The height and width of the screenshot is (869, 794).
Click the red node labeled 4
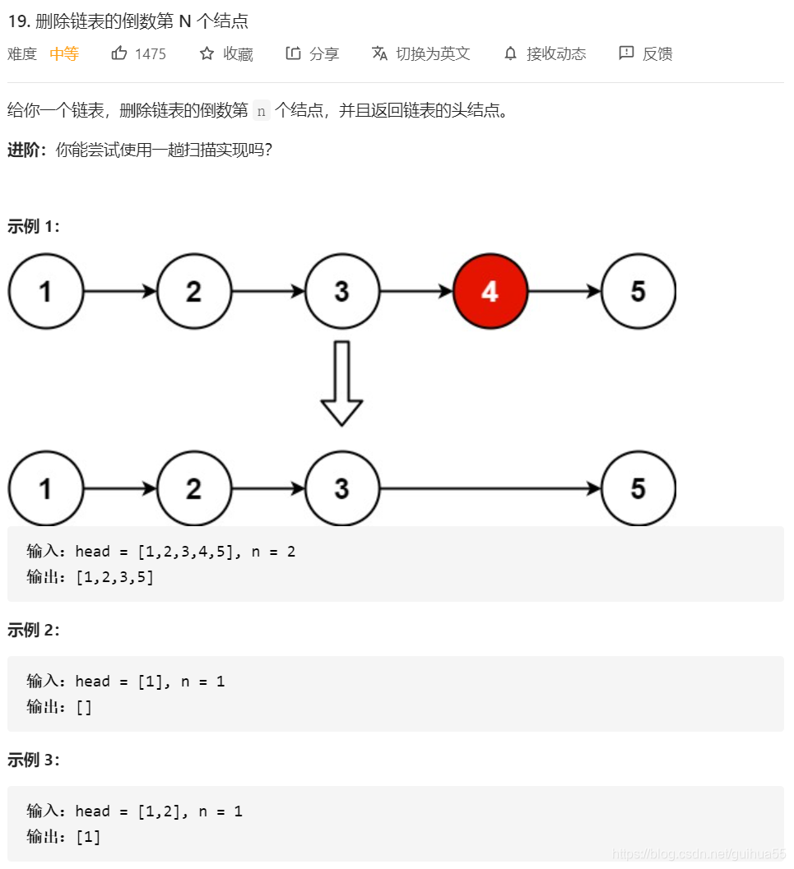click(490, 291)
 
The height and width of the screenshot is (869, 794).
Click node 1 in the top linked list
click(45, 291)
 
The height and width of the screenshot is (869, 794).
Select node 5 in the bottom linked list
click(638, 488)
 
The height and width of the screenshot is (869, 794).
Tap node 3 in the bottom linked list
click(341, 488)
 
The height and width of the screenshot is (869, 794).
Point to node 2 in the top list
click(193, 291)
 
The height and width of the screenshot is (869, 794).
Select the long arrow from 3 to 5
click(490, 488)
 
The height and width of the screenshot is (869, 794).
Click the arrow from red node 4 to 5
click(564, 291)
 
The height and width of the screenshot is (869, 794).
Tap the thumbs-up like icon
click(119, 53)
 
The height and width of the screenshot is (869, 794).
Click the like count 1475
click(151, 54)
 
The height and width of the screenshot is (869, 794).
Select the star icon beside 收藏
click(207, 53)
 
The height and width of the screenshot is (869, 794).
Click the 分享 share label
click(324, 54)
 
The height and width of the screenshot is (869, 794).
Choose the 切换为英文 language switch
click(432, 54)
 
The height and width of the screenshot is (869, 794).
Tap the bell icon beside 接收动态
click(511, 54)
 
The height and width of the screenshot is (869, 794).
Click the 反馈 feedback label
click(657, 54)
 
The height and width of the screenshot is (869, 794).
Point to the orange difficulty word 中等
click(64, 54)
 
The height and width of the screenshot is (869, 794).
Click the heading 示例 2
click(34, 631)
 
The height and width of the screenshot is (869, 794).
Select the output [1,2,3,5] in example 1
click(114, 577)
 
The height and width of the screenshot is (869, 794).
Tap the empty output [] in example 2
click(84, 707)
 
